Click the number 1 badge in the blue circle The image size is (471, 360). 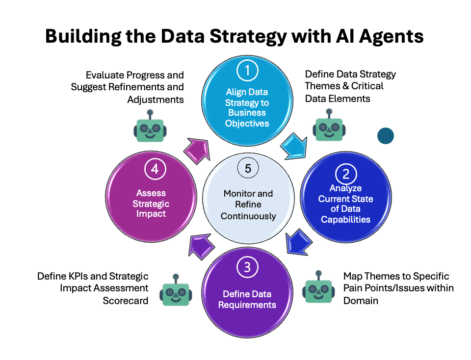(x=247, y=71)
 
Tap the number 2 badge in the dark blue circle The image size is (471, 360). (x=346, y=174)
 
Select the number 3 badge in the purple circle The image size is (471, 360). (x=247, y=267)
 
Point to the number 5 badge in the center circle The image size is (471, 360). (x=247, y=169)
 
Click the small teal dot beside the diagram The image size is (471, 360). (x=386, y=136)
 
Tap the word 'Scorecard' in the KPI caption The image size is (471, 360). (x=126, y=301)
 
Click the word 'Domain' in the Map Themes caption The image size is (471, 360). (x=361, y=301)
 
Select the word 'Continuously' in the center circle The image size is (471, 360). (x=248, y=216)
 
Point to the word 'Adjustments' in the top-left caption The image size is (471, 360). (x=156, y=100)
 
